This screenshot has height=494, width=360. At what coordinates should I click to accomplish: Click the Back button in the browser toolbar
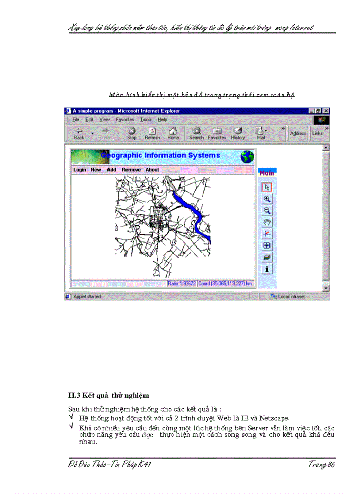click(x=79, y=133)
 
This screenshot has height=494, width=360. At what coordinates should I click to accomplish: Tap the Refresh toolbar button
click(x=152, y=133)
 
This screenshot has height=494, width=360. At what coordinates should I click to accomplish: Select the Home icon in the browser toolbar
click(x=173, y=133)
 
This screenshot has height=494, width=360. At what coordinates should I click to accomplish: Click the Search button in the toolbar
click(x=196, y=133)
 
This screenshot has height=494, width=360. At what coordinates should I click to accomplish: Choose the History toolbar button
click(x=238, y=133)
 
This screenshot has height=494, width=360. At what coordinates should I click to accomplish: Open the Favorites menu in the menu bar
click(x=124, y=120)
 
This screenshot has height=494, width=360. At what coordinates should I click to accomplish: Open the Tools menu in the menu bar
click(x=146, y=120)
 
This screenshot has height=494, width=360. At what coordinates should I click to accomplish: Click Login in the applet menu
click(x=80, y=170)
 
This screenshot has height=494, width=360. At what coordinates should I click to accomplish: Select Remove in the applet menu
click(x=131, y=170)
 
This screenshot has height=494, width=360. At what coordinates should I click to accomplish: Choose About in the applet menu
click(x=152, y=170)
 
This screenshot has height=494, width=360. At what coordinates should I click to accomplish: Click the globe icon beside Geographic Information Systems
click(x=247, y=156)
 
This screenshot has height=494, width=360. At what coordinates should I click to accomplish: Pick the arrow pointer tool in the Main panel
click(x=267, y=187)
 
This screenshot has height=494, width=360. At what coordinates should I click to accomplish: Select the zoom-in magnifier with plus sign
click(x=267, y=199)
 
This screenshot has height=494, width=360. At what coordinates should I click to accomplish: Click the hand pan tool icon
click(x=267, y=222)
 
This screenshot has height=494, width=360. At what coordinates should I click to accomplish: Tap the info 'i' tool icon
click(x=267, y=269)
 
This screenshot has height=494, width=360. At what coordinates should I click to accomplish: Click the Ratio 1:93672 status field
click(x=182, y=284)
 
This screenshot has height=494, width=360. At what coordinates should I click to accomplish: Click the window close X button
click(x=326, y=111)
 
